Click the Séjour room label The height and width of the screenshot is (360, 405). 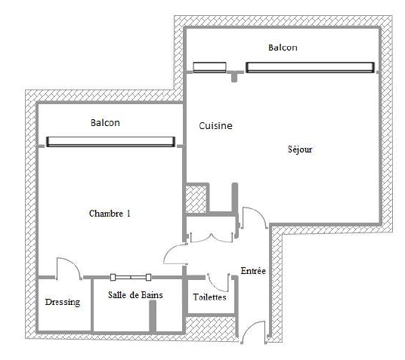click(x=300, y=149)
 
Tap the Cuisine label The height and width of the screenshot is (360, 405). click(x=215, y=126)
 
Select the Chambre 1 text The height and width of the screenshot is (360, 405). click(x=110, y=214)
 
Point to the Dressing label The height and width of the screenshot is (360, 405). click(x=63, y=302)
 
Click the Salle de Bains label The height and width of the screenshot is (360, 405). click(x=135, y=295)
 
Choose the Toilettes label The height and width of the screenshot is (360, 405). click(x=209, y=297)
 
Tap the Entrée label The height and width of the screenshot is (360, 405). click(x=253, y=271)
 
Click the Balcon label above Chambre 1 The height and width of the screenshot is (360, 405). click(x=105, y=122)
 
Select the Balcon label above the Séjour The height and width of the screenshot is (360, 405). click(x=283, y=48)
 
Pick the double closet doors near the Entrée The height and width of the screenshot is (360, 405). click(x=212, y=238)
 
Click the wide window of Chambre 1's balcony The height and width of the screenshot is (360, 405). click(x=110, y=142)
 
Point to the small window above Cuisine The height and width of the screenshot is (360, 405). click(x=210, y=67)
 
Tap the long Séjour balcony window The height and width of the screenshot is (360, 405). click(x=310, y=67)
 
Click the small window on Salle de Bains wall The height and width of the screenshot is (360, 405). click(x=131, y=278)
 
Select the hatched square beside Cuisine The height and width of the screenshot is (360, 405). click(x=196, y=199)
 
